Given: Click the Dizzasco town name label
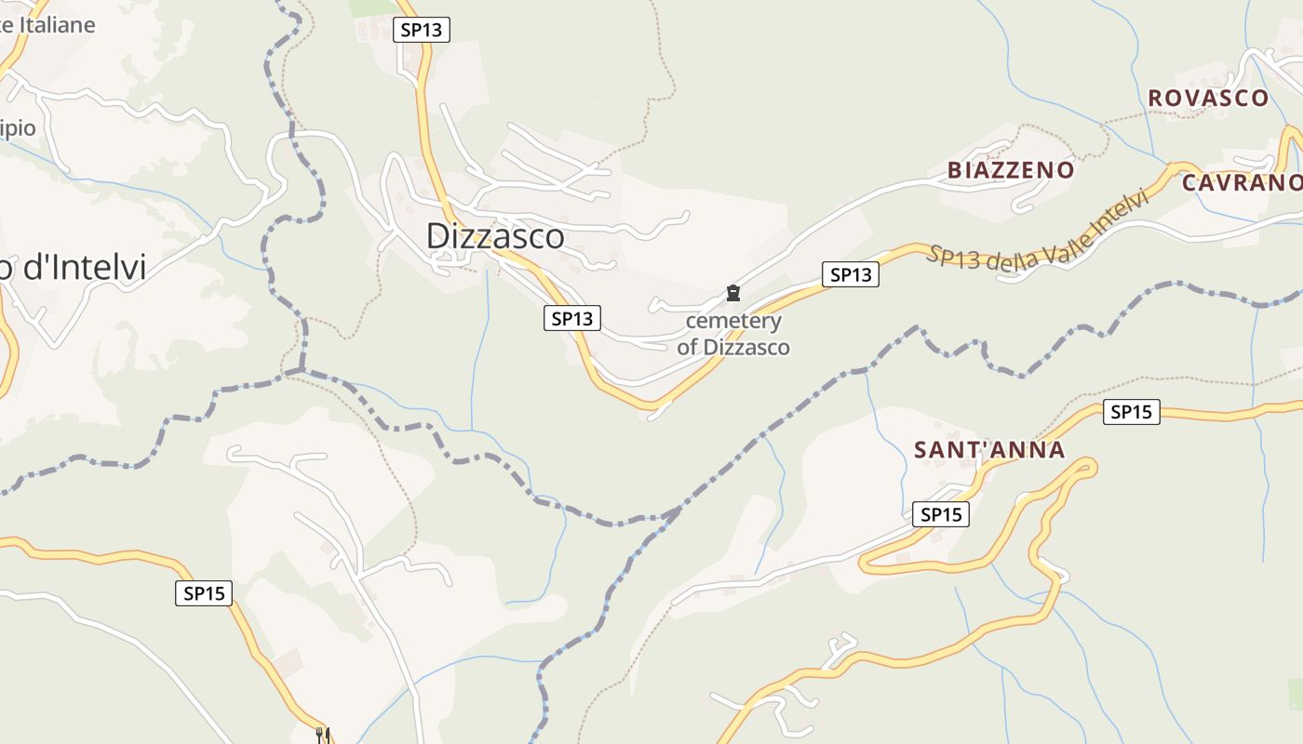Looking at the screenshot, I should pos(495,236).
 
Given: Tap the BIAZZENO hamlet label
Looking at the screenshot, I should pos(1011,170).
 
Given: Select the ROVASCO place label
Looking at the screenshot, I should pos(1208,98).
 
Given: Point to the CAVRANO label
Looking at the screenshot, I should pos(1242,182).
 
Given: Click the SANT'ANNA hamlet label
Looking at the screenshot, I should pos(989,450).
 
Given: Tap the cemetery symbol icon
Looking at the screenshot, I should pos(733,294).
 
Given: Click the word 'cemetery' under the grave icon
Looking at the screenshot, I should pos(733,321).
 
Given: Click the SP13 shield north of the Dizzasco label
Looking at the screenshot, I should pos(422,30).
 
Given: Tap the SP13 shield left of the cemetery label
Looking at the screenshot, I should pos(571,318).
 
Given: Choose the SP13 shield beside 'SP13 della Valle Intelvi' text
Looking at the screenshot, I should pos(851,274).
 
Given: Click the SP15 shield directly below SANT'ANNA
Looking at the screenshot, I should pos(940,514).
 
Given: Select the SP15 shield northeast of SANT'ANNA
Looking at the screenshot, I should pos(1132,412).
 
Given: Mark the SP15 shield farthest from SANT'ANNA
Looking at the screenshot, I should pos(204,593).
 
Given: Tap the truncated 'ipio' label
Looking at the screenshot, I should pos(18,128).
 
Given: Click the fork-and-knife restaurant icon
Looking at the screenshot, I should pos(323,735).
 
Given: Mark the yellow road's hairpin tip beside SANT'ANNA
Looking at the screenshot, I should pos(1089,465).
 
